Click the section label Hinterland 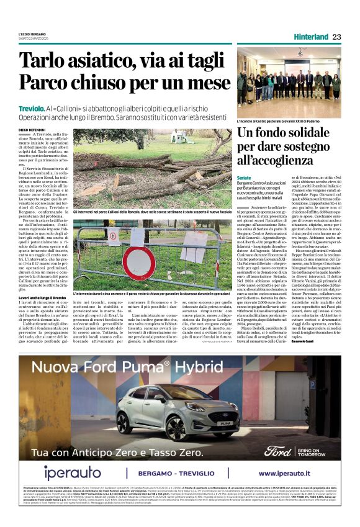point(310,37)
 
